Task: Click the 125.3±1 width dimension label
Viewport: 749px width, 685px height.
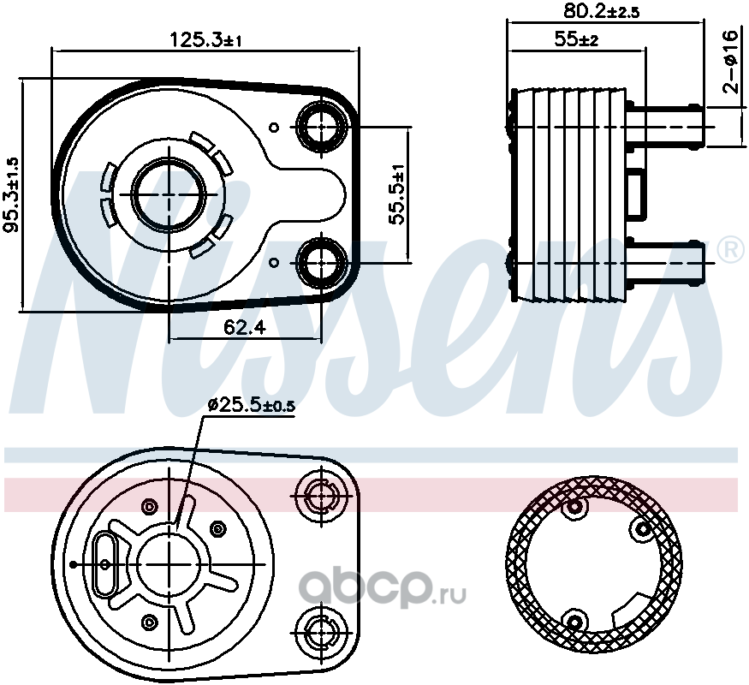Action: click(x=206, y=40)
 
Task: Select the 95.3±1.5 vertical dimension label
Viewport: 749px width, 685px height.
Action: click(x=11, y=194)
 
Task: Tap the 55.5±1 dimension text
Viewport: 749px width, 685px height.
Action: click(x=397, y=194)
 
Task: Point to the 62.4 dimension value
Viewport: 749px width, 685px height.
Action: click(x=245, y=328)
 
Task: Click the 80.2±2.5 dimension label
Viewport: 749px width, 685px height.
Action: click(x=601, y=10)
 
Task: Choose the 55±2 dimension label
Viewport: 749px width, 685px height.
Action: click(x=576, y=39)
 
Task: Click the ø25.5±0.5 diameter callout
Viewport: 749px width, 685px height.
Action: click(x=252, y=406)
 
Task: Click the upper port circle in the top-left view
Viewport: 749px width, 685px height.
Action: click(x=322, y=126)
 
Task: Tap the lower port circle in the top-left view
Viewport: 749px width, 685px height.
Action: click(x=322, y=262)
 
